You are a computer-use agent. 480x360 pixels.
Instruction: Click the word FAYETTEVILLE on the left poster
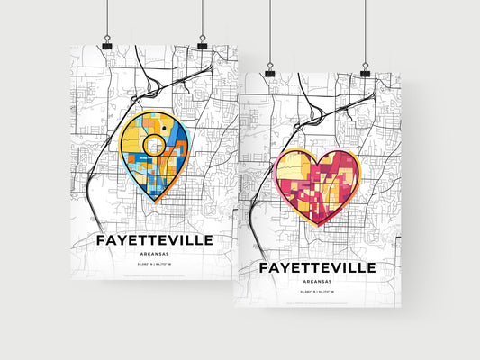(x=154, y=240)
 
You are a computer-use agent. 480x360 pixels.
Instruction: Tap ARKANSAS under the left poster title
(x=154, y=255)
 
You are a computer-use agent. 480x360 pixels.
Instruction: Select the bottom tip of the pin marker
(x=154, y=203)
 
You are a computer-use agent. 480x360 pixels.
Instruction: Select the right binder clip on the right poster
(x=366, y=72)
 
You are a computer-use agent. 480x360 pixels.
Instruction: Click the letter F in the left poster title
(x=100, y=240)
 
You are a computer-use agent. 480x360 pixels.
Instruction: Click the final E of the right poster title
(x=374, y=268)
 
